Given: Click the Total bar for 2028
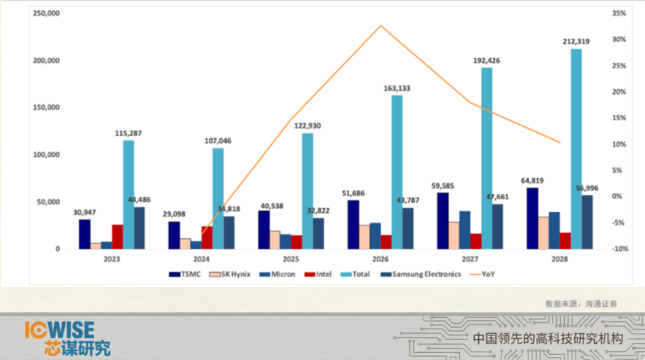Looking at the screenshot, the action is click(x=576, y=149).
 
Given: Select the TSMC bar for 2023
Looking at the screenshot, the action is click(x=85, y=234).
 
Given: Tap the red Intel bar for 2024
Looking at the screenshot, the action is click(x=207, y=237).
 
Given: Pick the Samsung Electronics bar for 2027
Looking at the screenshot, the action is click(x=497, y=227).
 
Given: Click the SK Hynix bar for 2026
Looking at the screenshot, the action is click(x=364, y=237).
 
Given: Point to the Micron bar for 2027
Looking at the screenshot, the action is click(x=465, y=230).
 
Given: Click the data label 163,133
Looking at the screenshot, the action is click(x=397, y=89).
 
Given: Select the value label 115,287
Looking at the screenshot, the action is click(x=128, y=133).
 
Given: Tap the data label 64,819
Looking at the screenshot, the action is click(x=532, y=181).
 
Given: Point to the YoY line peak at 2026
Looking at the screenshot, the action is click(x=381, y=26).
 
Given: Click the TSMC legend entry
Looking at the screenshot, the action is click(x=185, y=274).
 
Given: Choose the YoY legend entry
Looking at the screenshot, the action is click(x=482, y=274).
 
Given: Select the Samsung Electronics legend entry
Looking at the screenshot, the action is click(x=421, y=274).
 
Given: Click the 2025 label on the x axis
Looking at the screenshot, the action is click(x=291, y=259).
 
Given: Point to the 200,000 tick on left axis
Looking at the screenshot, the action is click(x=46, y=60).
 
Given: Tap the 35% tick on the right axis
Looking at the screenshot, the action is click(x=619, y=13).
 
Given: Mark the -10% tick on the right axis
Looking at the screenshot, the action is click(x=619, y=249).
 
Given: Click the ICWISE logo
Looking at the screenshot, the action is click(x=67, y=339).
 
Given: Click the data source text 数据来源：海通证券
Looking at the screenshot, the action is click(x=581, y=304).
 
